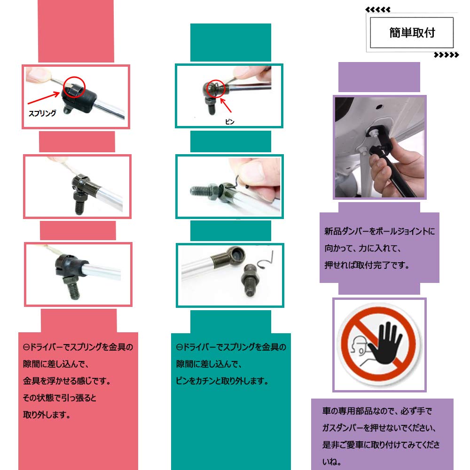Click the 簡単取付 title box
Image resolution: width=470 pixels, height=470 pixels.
tap(412, 32)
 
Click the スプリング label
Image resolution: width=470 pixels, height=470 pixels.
tap(42, 113)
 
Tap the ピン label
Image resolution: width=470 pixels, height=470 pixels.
tap(229, 121)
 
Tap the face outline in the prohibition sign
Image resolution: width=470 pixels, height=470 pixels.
tap(357, 350)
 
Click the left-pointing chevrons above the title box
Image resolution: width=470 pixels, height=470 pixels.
tap(377, 9)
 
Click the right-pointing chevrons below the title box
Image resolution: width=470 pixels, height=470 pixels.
tap(446, 55)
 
